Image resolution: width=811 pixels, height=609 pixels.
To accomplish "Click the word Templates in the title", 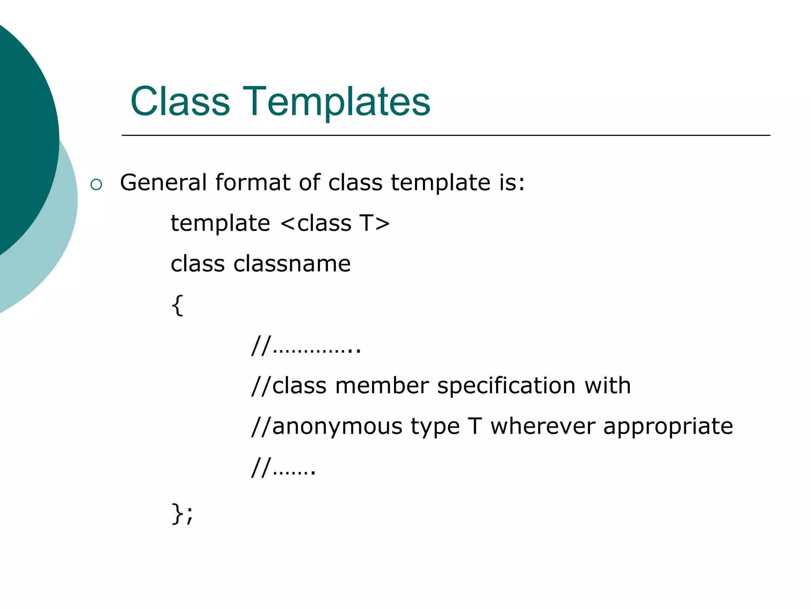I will click(x=337, y=102).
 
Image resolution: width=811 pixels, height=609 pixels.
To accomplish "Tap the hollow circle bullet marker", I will click(x=96, y=184).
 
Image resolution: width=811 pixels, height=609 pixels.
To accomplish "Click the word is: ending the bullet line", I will click(x=512, y=183).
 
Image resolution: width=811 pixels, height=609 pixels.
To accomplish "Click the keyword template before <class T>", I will click(x=220, y=223).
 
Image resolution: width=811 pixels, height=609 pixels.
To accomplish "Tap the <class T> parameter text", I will click(x=335, y=223).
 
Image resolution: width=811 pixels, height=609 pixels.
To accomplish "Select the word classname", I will click(x=292, y=264).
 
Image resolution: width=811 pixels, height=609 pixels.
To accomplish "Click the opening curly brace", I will click(x=177, y=305).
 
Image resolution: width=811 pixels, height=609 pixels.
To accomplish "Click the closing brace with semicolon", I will click(x=182, y=514).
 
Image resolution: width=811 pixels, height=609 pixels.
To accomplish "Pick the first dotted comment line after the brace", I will click(x=306, y=346).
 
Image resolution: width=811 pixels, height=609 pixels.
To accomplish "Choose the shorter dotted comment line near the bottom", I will click(x=284, y=468).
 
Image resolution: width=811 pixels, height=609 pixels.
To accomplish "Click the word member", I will click(x=382, y=386).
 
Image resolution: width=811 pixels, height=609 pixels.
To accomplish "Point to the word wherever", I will click(x=543, y=427).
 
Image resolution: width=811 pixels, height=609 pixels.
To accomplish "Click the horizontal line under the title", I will click(x=445, y=136).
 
